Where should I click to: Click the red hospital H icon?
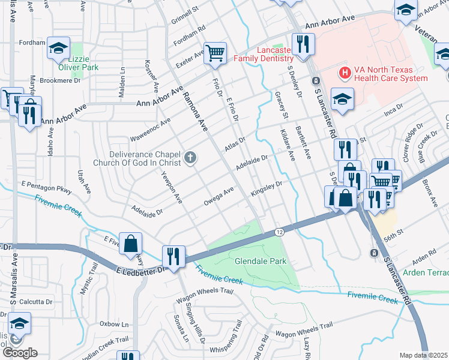pos(345,73)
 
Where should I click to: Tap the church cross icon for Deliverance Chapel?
pos(190,158)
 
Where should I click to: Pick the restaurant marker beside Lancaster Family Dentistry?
pos(304,44)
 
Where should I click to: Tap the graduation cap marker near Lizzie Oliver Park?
pos(58,49)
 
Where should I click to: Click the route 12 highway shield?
pos(280,232)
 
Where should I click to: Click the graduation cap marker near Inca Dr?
pos(342,100)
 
